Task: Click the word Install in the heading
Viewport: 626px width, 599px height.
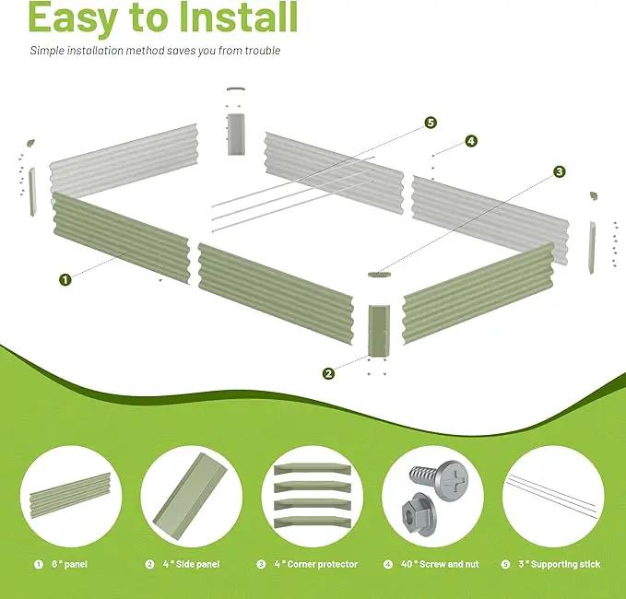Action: (x=239, y=18)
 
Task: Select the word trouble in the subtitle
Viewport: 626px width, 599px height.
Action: (x=263, y=51)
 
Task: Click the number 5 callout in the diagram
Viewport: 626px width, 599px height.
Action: (x=431, y=123)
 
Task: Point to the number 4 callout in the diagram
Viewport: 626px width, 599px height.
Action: (x=471, y=141)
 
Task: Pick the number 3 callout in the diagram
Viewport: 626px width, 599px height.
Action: (x=560, y=171)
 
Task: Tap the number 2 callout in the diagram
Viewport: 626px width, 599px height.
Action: (x=328, y=374)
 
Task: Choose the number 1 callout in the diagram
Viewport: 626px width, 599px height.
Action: (x=65, y=279)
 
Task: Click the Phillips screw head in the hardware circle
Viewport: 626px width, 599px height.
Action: (x=453, y=480)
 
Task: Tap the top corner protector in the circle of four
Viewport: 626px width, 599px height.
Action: (x=313, y=469)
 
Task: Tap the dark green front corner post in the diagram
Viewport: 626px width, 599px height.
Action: (x=379, y=331)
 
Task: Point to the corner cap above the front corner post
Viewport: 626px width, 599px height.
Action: (x=379, y=275)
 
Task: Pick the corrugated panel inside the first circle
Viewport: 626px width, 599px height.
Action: (x=70, y=495)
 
